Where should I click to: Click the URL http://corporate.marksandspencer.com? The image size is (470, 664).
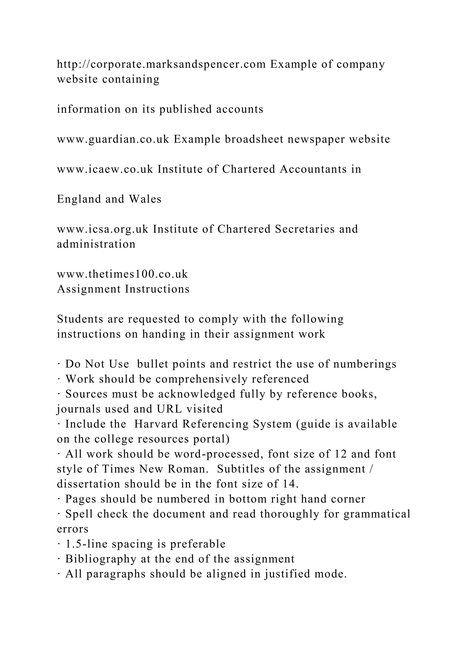click(x=161, y=64)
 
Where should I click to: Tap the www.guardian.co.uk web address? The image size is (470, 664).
click(x=113, y=139)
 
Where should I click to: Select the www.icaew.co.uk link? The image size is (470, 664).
click(x=105, y=169)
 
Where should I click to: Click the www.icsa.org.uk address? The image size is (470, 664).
click(x=102, y=229)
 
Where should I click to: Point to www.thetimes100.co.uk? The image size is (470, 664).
click(x=122, y=274)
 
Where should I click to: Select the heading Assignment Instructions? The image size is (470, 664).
click(x=123, y=289)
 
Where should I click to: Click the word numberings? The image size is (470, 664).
click(x=365, y=364)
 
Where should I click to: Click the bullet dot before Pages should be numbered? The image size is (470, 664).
click(x=59, y=499)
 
